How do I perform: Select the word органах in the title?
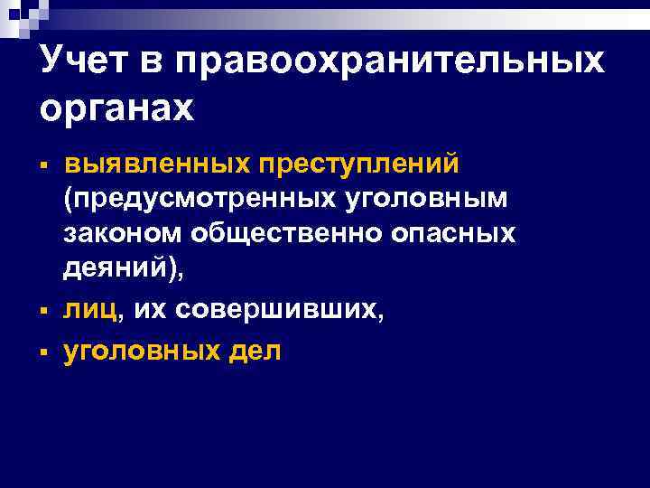coord(117,109)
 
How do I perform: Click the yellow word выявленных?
coord(153,165)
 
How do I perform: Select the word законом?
coord(123,232)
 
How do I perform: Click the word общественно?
coord(287,232)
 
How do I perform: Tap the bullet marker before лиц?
coord(43,313)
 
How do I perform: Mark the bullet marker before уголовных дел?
coord(43,352)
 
